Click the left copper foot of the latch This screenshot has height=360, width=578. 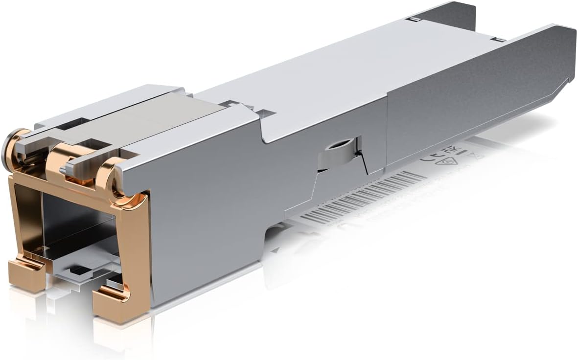[26, 274]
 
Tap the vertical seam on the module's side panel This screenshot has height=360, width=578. [387, 132]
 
